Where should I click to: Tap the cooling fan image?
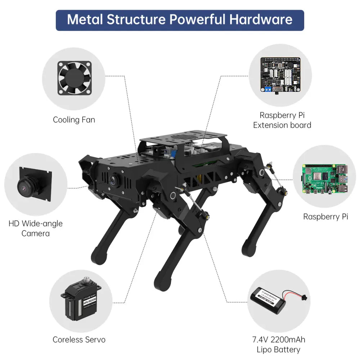(x=74, y=78)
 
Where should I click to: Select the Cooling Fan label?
(x=74, y=120)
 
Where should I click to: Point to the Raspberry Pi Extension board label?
(x=282, y=120)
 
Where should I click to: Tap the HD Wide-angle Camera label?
(x=35, y=228)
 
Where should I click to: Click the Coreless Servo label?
(x=79, y=339)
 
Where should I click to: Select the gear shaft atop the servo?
(x=86, y=280)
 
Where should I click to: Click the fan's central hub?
(x=74, y=78)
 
